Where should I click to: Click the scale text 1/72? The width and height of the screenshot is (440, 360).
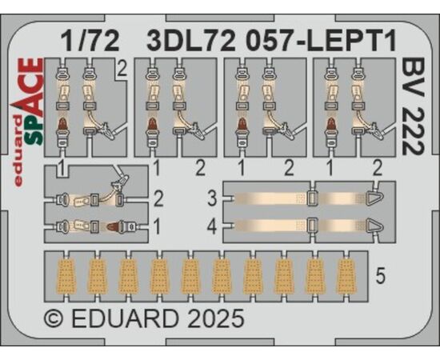[90, 41]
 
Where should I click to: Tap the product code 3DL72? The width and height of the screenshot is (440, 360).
[191, 41]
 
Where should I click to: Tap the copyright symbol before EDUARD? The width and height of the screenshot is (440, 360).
[54, 318]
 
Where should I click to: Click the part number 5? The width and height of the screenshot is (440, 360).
[380, 275]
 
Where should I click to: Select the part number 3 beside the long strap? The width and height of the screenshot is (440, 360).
[212, 198]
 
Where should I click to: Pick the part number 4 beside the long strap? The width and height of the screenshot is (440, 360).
[212, 226]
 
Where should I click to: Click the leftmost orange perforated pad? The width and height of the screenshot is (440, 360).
[66, 276]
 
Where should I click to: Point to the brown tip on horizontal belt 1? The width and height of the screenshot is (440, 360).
[113, 226]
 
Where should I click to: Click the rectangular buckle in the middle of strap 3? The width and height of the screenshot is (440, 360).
[312, 198]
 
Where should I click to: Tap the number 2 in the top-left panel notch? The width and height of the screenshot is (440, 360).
[122, 70]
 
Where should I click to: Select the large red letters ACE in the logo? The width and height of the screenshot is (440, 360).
[31, 90]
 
